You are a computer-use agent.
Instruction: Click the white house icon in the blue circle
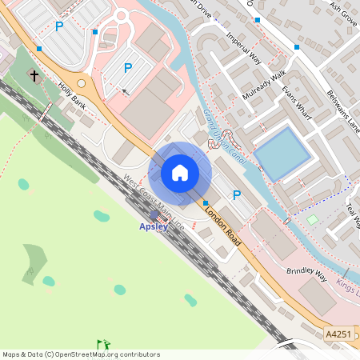point(180,172)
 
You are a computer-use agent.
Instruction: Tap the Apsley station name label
point(154,226)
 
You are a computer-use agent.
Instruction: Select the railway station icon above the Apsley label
point(154,215)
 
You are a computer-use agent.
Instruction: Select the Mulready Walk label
point(264,85)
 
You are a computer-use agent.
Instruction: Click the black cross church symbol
point(34,76)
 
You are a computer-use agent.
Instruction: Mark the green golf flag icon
point(102,345)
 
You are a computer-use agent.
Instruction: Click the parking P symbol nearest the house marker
point(236,194)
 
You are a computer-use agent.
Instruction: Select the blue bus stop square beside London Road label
point(206,203)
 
